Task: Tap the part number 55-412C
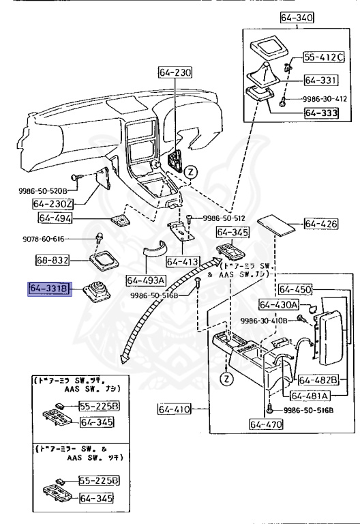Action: (324, 57)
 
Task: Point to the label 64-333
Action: (321, 113)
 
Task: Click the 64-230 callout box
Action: (176, 72)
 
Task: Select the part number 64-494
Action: (55, 219)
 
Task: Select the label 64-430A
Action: (278, 304)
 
